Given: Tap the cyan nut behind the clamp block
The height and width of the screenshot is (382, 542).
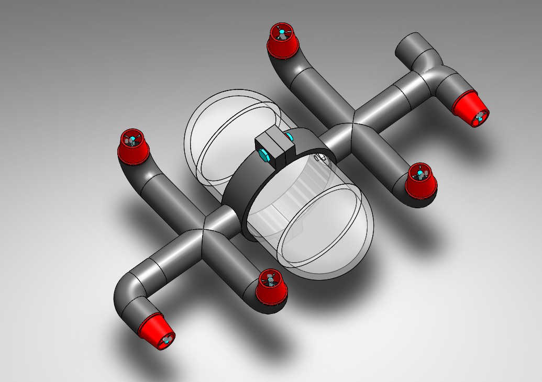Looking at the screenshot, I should point(290,137).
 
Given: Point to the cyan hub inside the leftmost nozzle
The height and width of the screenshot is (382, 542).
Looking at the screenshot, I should point(132,140).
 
